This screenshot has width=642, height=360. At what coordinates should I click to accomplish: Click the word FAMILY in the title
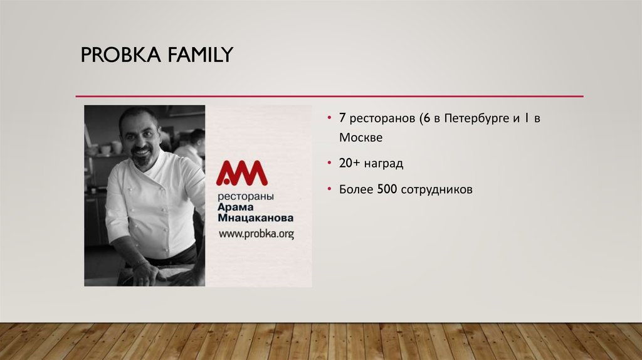coord(199,55)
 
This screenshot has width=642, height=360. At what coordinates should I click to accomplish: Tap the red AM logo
coord(241,172)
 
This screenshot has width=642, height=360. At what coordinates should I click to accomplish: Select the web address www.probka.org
coord(256,233)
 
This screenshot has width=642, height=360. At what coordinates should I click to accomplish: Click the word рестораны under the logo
coord(242,196)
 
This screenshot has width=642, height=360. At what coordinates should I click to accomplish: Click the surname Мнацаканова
coord(255,220)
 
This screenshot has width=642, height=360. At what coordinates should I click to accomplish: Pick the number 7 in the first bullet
coord(342,118)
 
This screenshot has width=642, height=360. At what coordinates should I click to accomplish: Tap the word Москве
coord(360,137)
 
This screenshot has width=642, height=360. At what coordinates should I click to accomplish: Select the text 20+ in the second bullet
coord(349,164)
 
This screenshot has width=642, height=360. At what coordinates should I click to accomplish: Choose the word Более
coord(356,189)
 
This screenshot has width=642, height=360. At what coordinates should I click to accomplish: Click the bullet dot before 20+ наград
coord(330,164)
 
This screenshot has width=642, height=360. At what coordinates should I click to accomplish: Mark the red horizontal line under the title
coord(329,96)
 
